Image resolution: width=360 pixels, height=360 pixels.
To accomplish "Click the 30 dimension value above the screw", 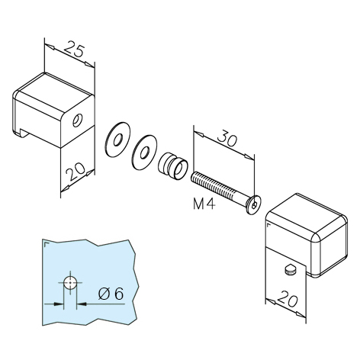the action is (x=227, y=139).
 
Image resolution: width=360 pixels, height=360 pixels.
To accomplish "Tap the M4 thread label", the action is (x=204, y=204).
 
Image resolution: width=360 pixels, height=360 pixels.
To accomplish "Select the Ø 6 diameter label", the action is (x=111, y=294).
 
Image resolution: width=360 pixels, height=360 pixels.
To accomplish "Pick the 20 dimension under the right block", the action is (x=287, y=300).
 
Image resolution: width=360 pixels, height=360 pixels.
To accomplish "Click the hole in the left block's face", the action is (x=76, y=121).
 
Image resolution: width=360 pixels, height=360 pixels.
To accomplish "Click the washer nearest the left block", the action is (x=117, y=140).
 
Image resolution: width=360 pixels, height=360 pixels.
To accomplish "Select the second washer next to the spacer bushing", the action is (x=144, y=152).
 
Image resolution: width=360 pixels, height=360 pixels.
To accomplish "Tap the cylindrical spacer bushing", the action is (x=174, y=166).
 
